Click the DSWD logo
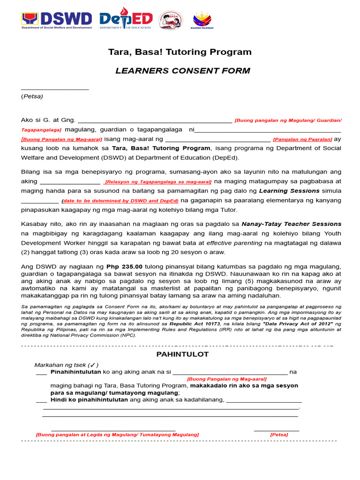57,20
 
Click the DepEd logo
126,20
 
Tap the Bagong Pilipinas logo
202,20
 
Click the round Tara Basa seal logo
171,20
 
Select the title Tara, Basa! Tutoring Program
180,52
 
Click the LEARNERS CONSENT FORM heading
183,71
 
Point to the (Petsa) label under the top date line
32,96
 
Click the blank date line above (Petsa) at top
54,88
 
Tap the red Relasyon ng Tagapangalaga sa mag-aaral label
158,182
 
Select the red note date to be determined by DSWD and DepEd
120,201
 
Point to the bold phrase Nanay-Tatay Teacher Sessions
291,224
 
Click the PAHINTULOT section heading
182,354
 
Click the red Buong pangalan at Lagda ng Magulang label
117,435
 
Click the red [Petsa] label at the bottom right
279,435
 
